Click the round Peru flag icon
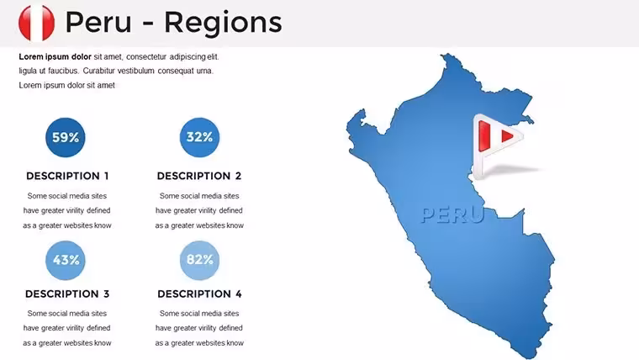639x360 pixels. coord(37,23)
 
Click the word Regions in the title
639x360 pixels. coord(223,24)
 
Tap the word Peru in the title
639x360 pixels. coord(98,22)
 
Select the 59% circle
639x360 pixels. coord(66,137)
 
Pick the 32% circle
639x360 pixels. coord(199,137)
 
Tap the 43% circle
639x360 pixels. coord(66,260)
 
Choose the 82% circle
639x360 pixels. coord(199,260)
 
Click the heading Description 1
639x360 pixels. coord(67,176)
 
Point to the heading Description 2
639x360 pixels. coord(199,176)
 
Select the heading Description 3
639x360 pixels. coord(67,294)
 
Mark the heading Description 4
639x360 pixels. coord(199,294)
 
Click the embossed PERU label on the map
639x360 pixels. coord(452,214)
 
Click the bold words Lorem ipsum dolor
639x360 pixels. coord(55,56)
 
